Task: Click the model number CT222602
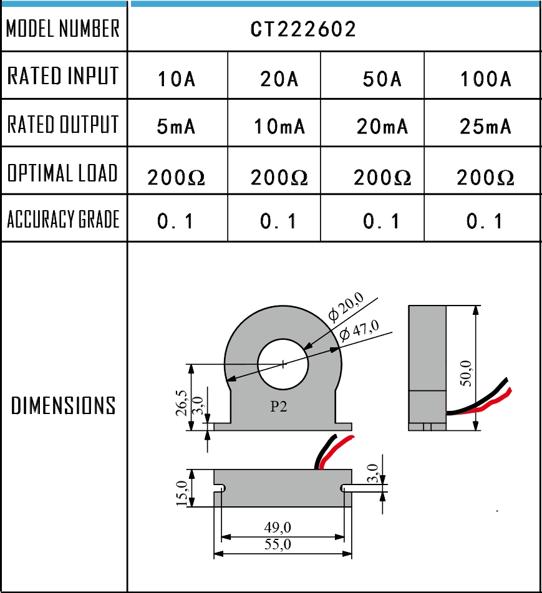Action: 303,29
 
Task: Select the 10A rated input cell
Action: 177,80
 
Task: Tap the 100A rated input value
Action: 486,80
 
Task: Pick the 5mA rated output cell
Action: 177,127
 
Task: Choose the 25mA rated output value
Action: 486,127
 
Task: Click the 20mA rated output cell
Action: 382,127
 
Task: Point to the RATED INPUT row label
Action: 63,76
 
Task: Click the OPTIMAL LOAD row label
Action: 63,173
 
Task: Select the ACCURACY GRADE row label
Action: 63,219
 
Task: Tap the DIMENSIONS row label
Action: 63,406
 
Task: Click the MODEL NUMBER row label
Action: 63,29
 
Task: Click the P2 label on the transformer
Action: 279,407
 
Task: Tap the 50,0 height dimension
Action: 465,374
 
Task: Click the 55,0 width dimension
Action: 278,544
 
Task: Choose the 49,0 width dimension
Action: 278,528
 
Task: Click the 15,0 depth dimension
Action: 182,493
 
